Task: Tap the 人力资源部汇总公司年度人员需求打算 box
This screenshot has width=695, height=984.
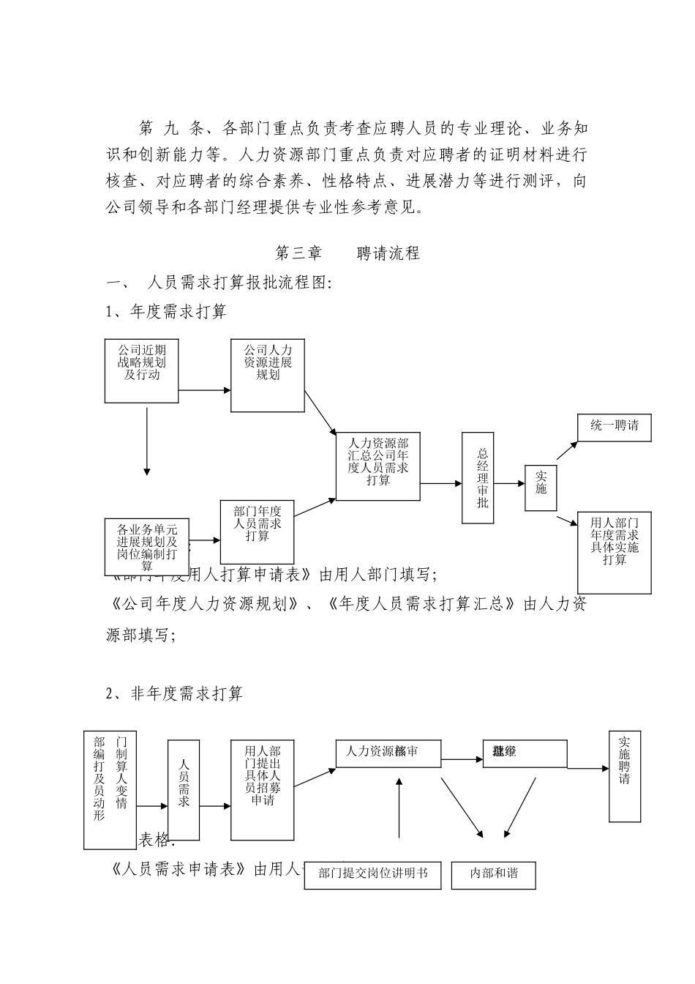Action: click(377, 466)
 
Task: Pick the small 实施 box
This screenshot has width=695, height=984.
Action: click(540, 488)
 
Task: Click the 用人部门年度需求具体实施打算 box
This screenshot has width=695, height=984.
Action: click(614, 552)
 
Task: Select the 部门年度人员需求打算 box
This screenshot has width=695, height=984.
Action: click(257, 532)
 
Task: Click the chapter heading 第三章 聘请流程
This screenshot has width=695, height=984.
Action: click(347, 253)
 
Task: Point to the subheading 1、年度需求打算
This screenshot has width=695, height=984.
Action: click(167, 312)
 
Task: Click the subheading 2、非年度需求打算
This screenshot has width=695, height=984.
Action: click(175, 693)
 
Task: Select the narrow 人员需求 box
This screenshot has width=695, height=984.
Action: click(184, 790)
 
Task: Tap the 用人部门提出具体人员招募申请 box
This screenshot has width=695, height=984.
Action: click(262, 790)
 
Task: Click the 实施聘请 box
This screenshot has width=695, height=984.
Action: click(624, 775)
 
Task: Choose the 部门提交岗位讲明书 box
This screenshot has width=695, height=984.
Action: click(372, 874)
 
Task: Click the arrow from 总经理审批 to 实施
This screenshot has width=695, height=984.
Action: click(509, 483)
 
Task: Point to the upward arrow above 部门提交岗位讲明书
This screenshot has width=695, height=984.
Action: click(399, 808)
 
